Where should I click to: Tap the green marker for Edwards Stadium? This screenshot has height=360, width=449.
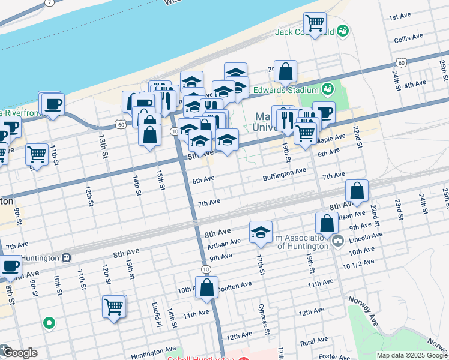(x=327, y=90)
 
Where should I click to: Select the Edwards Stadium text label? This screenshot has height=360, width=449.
(x=285, y=90)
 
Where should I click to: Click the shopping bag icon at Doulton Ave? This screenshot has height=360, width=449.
(x=206, y=287)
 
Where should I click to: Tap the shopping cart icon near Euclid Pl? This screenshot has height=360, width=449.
(x=113, y=307)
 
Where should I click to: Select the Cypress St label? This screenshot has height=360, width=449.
(x=262, y=320)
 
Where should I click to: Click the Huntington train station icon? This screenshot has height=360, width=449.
(x=66, y=258)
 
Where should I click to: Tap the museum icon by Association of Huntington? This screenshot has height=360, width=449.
(x=337, y=242)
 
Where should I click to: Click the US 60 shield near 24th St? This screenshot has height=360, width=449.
(x=401, y=62)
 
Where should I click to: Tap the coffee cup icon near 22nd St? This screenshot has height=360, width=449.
(x=324, y=112)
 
